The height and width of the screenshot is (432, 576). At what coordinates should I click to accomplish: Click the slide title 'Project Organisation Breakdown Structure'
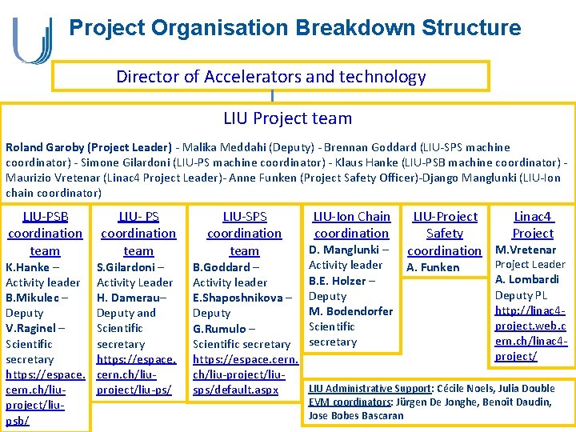coord(294,29)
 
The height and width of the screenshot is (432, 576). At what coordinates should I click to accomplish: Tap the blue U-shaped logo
coord(33,40)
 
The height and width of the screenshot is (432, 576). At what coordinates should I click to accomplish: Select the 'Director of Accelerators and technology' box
coord(270,77)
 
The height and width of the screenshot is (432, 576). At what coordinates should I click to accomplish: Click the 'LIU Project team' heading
coord(287,118)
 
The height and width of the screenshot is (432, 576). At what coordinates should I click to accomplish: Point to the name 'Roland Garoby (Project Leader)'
coord(88,147)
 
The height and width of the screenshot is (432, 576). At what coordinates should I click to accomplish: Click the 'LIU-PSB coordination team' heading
coord(45,234)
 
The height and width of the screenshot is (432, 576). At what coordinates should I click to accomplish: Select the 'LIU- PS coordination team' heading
coord(138,234)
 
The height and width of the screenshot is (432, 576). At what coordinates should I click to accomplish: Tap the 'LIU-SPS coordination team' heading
coord(244,234)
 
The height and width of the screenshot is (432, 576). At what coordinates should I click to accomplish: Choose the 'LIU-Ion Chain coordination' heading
coord(351,225)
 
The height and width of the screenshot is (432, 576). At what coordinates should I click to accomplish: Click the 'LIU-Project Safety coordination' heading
coord(444,234)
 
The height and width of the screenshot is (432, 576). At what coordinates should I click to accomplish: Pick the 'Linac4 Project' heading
coord(533,225)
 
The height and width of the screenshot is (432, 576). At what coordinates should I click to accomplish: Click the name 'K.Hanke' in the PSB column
coord(27,267)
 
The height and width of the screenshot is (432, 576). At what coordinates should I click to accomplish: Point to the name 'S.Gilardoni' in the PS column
coord(126,267)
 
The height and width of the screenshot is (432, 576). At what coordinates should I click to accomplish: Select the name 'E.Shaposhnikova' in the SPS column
coord(238,298)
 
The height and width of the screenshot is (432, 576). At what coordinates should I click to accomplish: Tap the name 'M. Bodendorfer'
coord(350,311)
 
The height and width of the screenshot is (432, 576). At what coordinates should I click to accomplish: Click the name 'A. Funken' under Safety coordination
coord(433,267)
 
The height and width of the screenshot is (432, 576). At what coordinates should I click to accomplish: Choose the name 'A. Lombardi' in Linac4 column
coord(527,280)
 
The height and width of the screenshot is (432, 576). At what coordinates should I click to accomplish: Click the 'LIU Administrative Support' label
coord(369,389)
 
